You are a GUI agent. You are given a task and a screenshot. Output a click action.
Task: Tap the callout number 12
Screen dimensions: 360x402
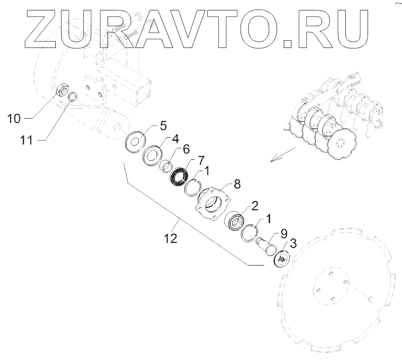pos(170,238)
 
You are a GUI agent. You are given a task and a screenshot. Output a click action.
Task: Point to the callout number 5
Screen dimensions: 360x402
pos(163,126)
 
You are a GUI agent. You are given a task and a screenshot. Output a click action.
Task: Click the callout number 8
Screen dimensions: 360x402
pos(237,184)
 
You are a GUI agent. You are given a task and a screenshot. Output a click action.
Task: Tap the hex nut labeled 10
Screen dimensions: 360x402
pos(63,91)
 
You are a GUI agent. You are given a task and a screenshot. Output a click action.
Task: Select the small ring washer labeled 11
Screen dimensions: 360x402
pos(73,96)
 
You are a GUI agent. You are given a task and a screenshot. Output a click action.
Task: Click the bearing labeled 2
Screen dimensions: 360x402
pos(237,221)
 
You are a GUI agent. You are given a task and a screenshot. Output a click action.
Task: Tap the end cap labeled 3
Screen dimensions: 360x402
pos(281,259)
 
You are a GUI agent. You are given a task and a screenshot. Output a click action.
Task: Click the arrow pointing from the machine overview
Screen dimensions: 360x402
pos(282,155)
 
